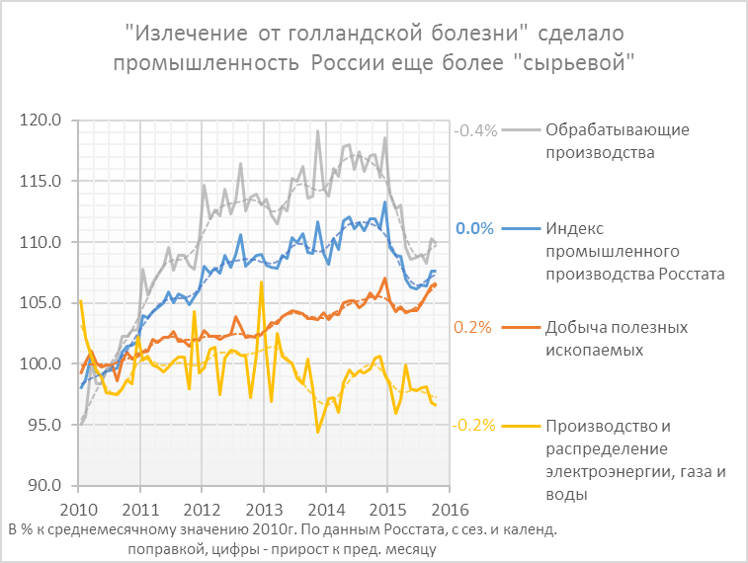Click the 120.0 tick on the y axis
pyautogui.click(x=42, y=121)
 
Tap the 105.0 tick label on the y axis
pyautogui.click(x=42, y=303)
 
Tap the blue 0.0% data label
pyautogui.click(x=474, y=229)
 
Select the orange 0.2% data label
pyautogui.click(x=473, y=328)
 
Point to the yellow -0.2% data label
pyautogui.click(x=474, y=426)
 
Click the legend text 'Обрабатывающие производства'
pyautogui.click(x=618, y=141)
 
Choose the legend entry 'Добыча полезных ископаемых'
pyautogui.click(x=618, y=338)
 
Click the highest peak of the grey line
pyautogui.click(x=317, y=131)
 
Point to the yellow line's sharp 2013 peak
pyautogui.click(x=261, y=282)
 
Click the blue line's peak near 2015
pyautogui.click(x=384, y=202)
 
